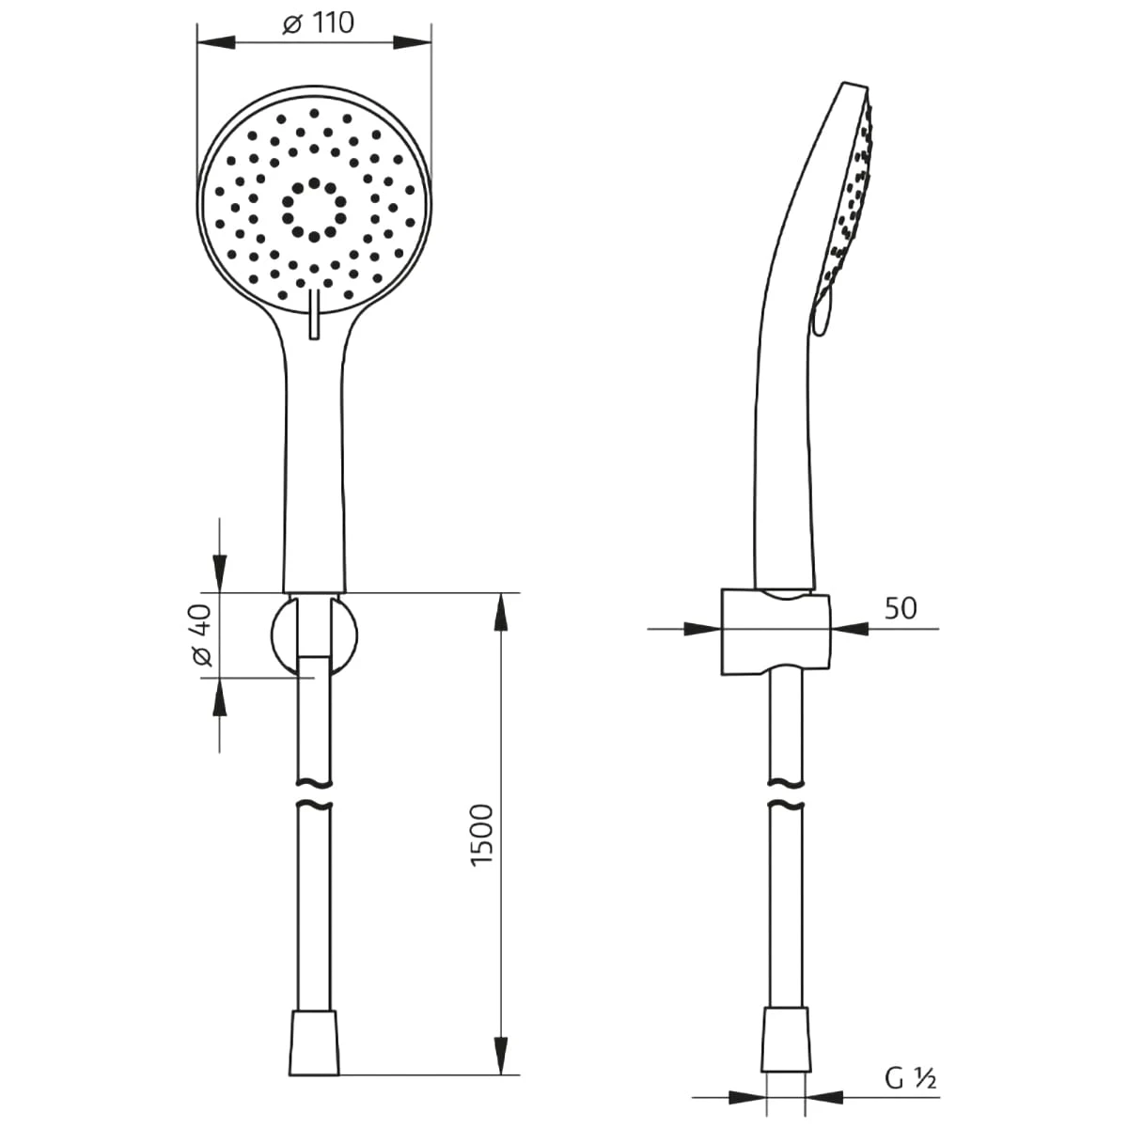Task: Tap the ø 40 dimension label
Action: click(201, 635)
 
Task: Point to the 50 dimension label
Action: click(900, 608)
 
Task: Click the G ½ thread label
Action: click(910, 1079)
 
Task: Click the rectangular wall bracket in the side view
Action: click(775, 633)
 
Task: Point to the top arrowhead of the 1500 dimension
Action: click(501, 612)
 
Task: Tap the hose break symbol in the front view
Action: click(314, 793)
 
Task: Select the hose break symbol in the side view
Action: click(785, 793)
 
